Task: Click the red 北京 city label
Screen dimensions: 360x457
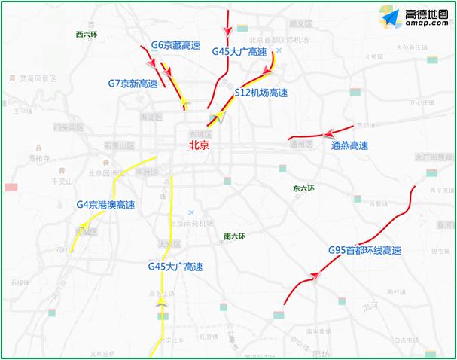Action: click(199, 145)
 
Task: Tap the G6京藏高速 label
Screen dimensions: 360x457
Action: click(175, 45)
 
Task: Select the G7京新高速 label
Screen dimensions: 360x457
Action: click(133, 84)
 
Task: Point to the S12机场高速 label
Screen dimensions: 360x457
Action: click(261, 93)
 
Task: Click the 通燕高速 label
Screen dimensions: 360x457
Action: click(349, 145)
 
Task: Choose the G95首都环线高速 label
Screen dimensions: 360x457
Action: click(364, 251)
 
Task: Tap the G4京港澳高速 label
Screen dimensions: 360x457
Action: click(105, 205)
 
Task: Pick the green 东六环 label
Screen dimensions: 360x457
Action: click(303, 188)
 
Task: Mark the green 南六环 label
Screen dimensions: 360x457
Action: click(235, 236)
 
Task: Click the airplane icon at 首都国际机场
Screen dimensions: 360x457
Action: click(279, 50)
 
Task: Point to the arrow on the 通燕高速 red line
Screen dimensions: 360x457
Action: click(328, 133)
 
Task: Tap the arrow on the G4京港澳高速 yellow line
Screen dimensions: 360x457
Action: click(85, 224)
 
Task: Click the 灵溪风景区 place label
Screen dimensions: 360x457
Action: click(38, 78)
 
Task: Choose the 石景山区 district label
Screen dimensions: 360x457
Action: click(118, 144)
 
